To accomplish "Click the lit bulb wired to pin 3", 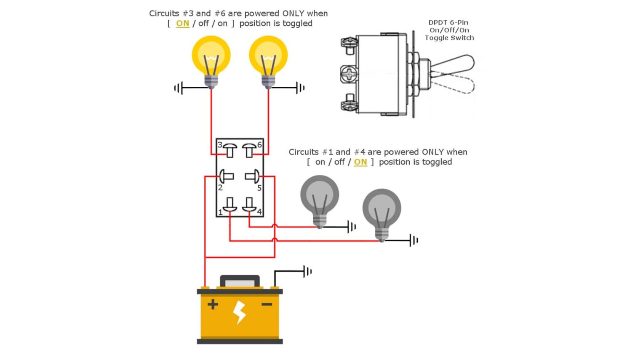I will point(211,57).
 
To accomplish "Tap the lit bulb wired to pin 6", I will point(268,57).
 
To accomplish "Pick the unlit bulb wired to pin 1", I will point(382,211).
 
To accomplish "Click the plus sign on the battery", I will point(213,304).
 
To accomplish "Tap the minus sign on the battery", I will point(267,304).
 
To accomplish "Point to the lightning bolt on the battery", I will point(240,312).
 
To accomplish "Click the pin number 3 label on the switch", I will point(220,145).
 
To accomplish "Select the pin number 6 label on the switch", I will point(259,145).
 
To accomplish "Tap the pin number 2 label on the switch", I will point(220,188).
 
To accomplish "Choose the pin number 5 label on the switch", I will point(259,188).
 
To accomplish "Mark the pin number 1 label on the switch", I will point(220,212).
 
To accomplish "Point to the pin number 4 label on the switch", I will point(259,212).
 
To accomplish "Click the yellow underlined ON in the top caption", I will point(182,24).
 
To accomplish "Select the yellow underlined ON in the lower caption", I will point(360,162).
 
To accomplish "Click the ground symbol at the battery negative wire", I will point(308,271).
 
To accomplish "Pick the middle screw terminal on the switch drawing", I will point(349,74).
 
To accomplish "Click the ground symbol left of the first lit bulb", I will point(178,88).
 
